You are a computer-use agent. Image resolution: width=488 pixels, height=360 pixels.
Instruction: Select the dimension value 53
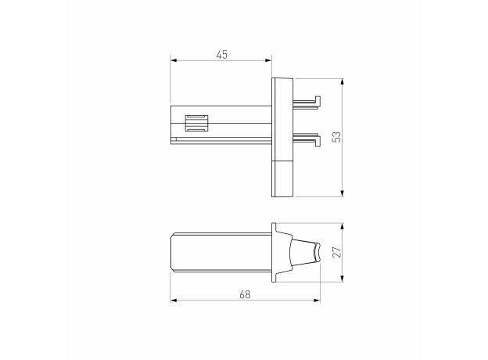tap(336, 137)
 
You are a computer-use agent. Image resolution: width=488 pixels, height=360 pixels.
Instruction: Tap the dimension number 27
tap(336, 252)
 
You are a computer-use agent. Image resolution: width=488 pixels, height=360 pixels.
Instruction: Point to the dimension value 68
tap(245, 293)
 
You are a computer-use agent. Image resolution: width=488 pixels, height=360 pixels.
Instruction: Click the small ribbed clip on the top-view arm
tap(196, 124)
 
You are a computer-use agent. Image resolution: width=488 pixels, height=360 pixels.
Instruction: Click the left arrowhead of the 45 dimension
tap(174, 60)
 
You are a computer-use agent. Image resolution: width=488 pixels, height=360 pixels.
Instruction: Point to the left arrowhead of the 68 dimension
tap(174, 301)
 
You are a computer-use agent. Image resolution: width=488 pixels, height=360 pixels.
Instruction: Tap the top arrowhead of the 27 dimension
tap(343, 225)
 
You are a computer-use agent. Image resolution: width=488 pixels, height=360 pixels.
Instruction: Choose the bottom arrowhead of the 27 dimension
tap(343, 279)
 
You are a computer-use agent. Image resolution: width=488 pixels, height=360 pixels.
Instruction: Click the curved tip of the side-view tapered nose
tap(317, 253)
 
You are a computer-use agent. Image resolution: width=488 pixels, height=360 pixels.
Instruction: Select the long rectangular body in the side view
tap(221, 253)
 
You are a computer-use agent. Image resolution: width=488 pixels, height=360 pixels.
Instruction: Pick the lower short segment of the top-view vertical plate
tap(282, 178)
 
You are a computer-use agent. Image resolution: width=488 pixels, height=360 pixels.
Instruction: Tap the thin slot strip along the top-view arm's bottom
tap(223, 140)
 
